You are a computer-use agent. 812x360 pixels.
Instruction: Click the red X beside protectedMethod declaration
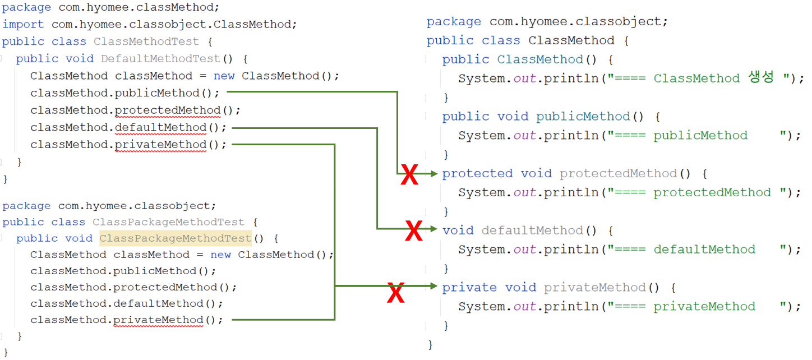(409, 176)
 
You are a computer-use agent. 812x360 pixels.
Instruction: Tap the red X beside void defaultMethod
(414, 231)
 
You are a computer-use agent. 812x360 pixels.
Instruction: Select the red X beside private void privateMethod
(396, 292)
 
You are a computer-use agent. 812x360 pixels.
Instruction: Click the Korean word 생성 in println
(761, 78)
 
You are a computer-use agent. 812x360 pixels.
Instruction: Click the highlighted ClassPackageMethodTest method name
(176, 238)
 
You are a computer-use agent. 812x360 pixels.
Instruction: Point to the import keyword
(23, 24)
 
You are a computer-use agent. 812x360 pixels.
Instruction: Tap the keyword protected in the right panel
(477, 174)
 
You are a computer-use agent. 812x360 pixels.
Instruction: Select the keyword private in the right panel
(469, 288)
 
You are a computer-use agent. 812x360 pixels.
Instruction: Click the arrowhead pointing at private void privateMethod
(433, 287)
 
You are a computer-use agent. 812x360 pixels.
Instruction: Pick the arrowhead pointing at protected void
(433, 174)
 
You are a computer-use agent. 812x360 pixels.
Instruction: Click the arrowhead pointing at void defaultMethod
(433, 229)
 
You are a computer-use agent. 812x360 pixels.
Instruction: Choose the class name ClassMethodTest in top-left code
(146, 41)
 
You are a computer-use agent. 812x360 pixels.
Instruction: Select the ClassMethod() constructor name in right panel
(540, 59)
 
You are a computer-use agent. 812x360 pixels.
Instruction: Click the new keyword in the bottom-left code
(220, 255)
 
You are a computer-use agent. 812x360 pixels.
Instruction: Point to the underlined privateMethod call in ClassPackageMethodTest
(158, 320)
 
